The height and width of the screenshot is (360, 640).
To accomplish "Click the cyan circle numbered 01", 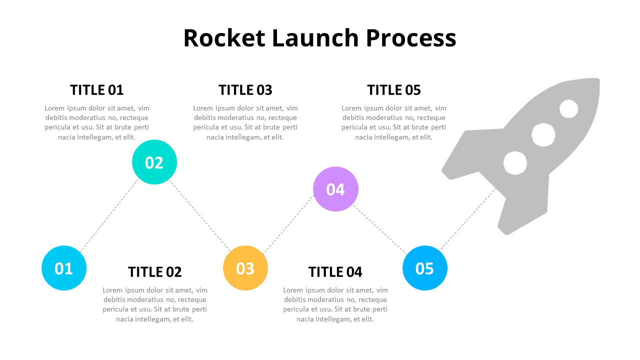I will pyautogui.click(x=64, y=268).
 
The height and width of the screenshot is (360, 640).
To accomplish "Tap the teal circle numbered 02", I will pyautogui.click(x=154, y=162).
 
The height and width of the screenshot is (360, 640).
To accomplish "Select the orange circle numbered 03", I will pyautogui.click(x=245, y=268).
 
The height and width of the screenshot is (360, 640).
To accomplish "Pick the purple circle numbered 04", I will pyautogui.click(x=335, y=189).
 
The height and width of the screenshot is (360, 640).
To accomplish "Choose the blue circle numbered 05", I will pyautogui.click(x=425, y=268).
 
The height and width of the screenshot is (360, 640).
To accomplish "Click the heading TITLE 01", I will pyautogui.click(x=96, y=90).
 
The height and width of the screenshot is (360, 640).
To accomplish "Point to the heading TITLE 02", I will pyautogui.click(x=154, y=272).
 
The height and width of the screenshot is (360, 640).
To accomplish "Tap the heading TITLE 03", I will pyautogui.click(x=245, y=90).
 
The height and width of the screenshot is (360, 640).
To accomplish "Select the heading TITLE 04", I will pyautogui.click(x=335, y=272).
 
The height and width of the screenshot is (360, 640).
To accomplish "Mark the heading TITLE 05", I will pyautogui.click(x=394, y=90).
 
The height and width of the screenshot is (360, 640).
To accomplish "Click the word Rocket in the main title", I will pyautogui.click(x=224, y=38).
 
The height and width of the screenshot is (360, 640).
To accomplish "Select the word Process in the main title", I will pyautogui.click(x=411, y=38).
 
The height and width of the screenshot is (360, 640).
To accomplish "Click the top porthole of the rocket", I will pyautogui.click(x=568, y=108).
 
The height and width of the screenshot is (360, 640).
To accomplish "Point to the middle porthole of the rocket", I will pyautogui.click(x=543, y=134).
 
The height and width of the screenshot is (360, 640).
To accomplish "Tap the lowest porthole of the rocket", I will pyautogui.click(x=515, y=163).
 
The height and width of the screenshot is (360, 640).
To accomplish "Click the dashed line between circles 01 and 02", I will pyautogui.click(x=109, y=215).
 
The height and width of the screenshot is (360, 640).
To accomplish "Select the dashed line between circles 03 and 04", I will pyautogui.click(x=288, y=222).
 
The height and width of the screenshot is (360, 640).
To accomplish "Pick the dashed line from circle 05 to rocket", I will pyautogui.click(x=467, y=218).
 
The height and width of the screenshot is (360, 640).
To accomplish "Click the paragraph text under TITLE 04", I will pyautogui.click(x=335, y=304).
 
